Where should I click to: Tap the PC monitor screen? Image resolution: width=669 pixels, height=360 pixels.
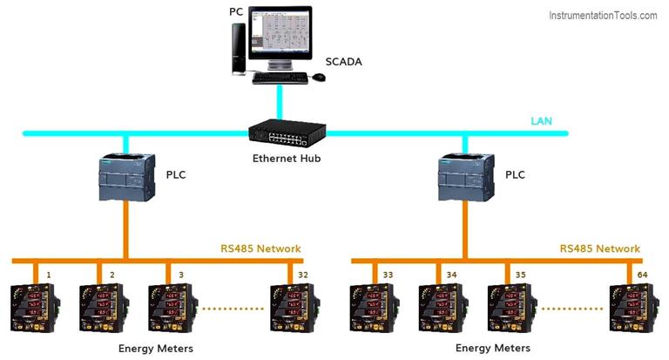point(281,36)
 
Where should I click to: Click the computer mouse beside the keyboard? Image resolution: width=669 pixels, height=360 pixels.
point(319,78)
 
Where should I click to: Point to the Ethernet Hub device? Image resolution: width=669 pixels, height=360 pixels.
point(287,133)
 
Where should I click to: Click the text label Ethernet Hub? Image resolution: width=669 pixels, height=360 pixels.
point(287,159)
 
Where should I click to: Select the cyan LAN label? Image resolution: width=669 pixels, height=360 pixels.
point(541,120)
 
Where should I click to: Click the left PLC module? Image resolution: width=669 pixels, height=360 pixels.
point(127,178)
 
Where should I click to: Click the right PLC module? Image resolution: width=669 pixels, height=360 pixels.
point(464,178)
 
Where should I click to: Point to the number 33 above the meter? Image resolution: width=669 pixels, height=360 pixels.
point(388,275)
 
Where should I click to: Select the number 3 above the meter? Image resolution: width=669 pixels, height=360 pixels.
point(181,275)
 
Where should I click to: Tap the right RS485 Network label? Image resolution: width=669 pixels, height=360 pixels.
point(599,248)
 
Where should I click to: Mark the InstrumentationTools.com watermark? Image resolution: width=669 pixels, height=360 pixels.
point(603,16)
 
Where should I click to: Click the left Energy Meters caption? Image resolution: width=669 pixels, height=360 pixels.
point(155,349)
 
